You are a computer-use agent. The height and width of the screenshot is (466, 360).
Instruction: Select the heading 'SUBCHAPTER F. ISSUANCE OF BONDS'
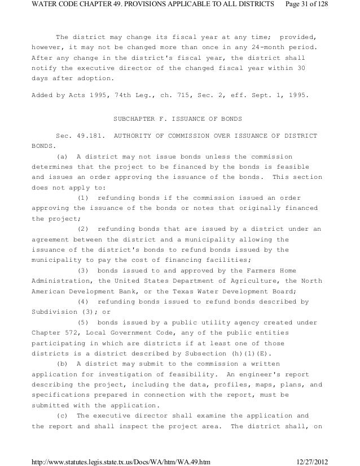(178, 119)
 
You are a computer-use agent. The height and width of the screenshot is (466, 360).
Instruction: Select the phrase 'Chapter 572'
(56, 332)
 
